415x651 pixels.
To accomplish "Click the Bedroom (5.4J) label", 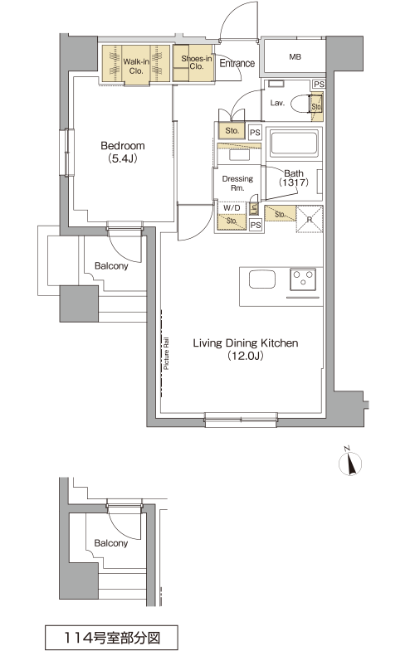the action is click(123, 152).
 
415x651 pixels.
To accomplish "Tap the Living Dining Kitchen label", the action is click(245, 343).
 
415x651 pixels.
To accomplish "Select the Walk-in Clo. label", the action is click(136, 66).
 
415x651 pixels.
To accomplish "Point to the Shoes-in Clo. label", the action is click(197, 62).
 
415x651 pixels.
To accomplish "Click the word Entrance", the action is click(237, 63).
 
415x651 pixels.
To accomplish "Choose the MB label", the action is click(295, 57).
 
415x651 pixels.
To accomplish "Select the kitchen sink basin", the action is click(262, 279).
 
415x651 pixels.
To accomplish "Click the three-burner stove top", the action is click(303, 279).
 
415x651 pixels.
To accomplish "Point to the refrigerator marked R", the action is click(310, 219).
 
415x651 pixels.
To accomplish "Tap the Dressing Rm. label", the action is click(237, 183).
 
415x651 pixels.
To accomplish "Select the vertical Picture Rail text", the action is click(166, 353).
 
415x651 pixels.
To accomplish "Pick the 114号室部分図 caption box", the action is click(111, 637).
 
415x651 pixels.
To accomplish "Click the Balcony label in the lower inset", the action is click(111, 543).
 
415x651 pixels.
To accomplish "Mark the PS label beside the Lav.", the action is click(319, 85).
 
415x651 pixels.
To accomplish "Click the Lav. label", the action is click(277, 103).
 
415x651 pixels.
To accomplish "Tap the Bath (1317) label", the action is click(294, 177).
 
